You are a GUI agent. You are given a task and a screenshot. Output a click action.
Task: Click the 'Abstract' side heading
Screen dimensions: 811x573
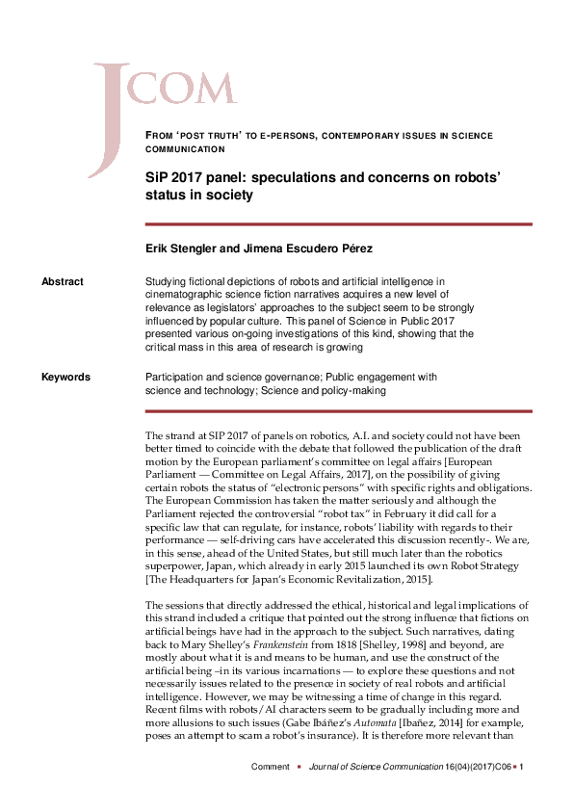click(x=63, y=281)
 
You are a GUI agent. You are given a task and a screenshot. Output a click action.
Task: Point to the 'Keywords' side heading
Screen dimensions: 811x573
click(x=66, y=378)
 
